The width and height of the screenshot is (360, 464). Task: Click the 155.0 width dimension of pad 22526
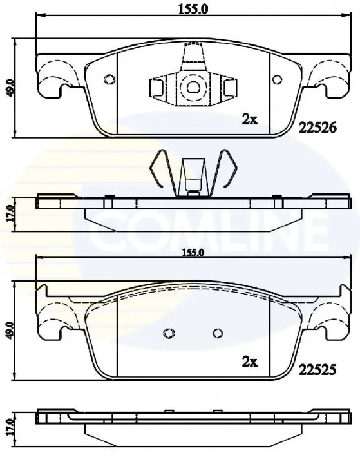pos(193,9)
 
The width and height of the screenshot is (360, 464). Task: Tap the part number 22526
pos(317,128)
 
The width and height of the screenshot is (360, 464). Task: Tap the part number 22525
pos(317,369)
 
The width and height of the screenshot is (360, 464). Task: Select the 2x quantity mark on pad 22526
pos(251,120)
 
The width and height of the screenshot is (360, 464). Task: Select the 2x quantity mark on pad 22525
pos(250,362)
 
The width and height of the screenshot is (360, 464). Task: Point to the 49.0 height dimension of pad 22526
pos(9,88)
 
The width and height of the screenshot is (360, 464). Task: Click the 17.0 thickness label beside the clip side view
pos(9,213)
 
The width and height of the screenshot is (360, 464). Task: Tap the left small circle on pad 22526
pos(109,79)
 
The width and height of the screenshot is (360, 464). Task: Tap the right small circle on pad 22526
pos(277,79)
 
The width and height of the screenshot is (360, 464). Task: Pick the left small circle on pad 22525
pos(169,333)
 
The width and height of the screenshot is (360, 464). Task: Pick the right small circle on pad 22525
pos(218,333)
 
